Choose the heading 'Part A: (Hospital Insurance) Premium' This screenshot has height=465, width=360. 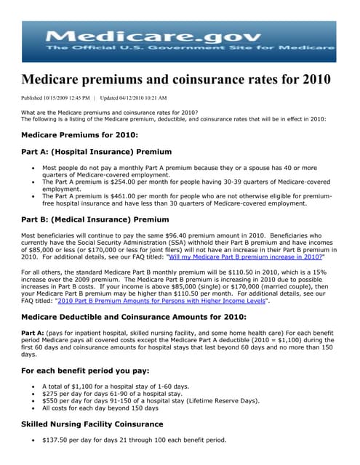(97, 152)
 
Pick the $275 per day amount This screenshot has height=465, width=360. (55, 393)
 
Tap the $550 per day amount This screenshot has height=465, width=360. (55, 401)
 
